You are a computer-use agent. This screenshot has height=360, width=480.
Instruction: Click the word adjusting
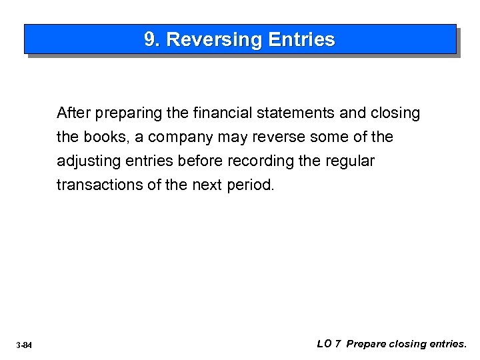86,162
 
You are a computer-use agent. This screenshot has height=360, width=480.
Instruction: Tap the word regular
349,162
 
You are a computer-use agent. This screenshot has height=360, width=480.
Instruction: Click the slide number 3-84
24,345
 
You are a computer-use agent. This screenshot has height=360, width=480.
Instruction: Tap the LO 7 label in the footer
329,344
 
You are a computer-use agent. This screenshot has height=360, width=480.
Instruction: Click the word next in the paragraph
206,185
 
